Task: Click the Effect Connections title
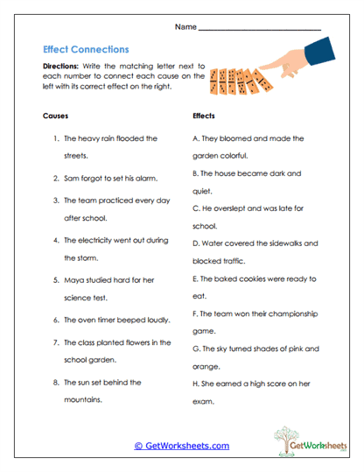(x=86, y=50)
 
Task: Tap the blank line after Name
(x=260, y=29)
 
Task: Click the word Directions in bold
(x=63, y=67)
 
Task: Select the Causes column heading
(x=55, y=116)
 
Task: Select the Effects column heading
(x=204, y=116)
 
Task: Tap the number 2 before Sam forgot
(x=55, y=178)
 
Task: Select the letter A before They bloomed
(x=193, y=138)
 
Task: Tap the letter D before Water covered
(x=194, y=243)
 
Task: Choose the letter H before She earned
(x=193, y=384)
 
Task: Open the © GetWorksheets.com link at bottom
(x=181, y=446)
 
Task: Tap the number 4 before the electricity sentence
(x=55, y=239)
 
